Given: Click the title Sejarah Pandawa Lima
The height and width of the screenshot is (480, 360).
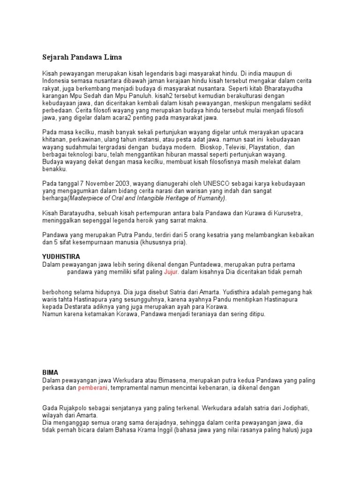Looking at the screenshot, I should click(x=82, y=57).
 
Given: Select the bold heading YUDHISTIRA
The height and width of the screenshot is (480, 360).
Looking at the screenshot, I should click(x=61, y=257).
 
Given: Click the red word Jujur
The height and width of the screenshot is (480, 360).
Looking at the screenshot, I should click(x=172, y=272).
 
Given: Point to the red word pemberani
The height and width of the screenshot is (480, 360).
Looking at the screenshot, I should click(x=93, y=388).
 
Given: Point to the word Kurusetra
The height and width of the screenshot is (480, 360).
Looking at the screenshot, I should click(x=287, y=213).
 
